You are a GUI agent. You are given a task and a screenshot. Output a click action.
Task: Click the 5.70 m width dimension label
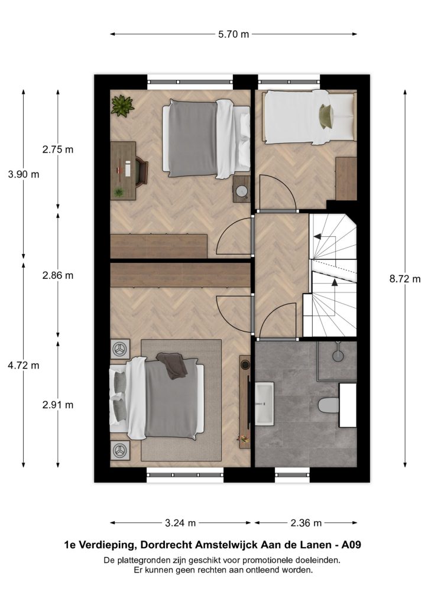(x=234, y=34)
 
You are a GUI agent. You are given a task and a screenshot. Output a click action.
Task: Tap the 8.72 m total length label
(x=405, y=279)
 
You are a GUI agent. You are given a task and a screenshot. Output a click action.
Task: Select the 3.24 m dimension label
(x=180, y=523)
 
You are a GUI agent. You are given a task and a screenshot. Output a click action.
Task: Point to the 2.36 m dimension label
(x=306, y=523)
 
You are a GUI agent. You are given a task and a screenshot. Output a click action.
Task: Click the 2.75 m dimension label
(x=58, y=149)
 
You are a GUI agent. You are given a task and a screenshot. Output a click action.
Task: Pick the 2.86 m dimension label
(x=58, y=275)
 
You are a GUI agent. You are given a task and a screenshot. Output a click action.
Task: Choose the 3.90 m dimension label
(x=24, y=174)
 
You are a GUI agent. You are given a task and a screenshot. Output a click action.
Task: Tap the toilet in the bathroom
(x=329, y=405)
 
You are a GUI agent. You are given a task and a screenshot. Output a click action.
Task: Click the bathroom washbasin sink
(x=264, y=404)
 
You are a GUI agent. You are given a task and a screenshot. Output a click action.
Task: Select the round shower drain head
(x=338, y=356)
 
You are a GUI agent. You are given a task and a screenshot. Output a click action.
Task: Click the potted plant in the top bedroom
(x=122, y=105)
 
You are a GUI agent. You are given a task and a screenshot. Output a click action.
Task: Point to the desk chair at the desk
(x=141, y=170)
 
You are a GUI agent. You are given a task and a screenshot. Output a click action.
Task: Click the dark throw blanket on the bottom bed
(x=172, y=366)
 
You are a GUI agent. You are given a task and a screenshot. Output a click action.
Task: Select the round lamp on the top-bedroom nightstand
(x=242, y=191)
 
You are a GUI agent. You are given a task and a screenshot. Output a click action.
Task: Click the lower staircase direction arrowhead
(x=334, y=282)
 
